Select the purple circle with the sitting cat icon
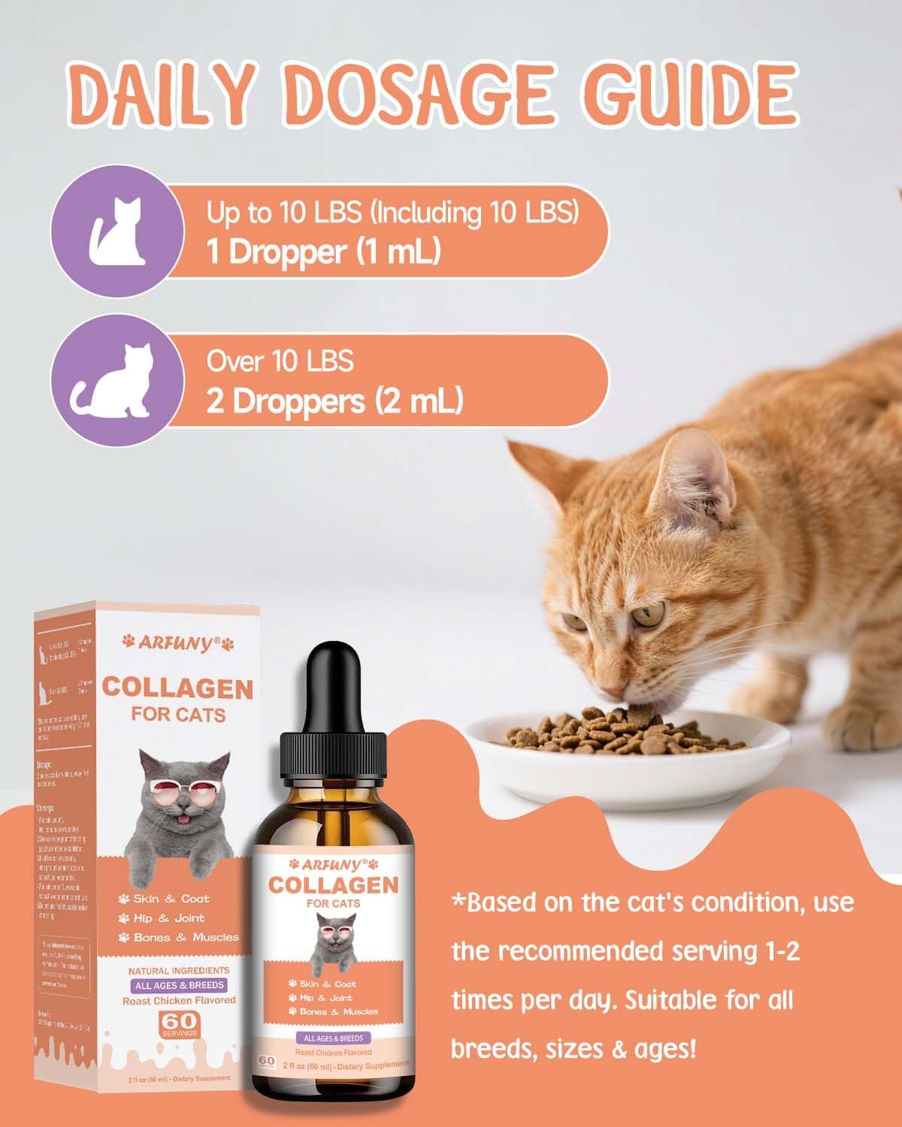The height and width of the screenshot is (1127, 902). point(117,231)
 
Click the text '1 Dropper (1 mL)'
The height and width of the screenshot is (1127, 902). point(323,252)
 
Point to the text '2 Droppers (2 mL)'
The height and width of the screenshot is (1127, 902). point(334,401)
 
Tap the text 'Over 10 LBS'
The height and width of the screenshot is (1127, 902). point(280,361)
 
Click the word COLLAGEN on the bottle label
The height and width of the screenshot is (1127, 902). point(333,884)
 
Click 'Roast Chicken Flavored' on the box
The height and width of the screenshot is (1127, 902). point(179,1000)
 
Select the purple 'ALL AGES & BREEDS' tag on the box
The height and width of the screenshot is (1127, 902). point(179,985)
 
